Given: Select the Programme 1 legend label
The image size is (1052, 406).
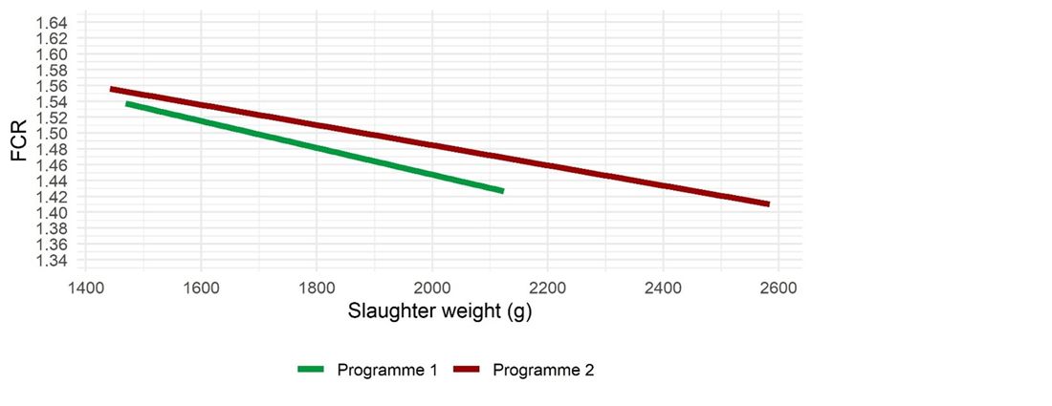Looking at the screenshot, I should click(x=387, y=370).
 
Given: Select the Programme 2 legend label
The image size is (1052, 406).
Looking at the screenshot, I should click(x=543, y=370).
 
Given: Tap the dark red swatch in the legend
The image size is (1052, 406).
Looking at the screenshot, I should click(x=468, y=370).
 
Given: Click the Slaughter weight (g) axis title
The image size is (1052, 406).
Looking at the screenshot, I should click(x=439, y=312).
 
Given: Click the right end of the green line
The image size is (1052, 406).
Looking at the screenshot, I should click(x=502, y=191).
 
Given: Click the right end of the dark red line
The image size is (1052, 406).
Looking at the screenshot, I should click(x=768, y=203).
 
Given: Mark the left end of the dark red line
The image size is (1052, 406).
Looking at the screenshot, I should click(x=112, y=89).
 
